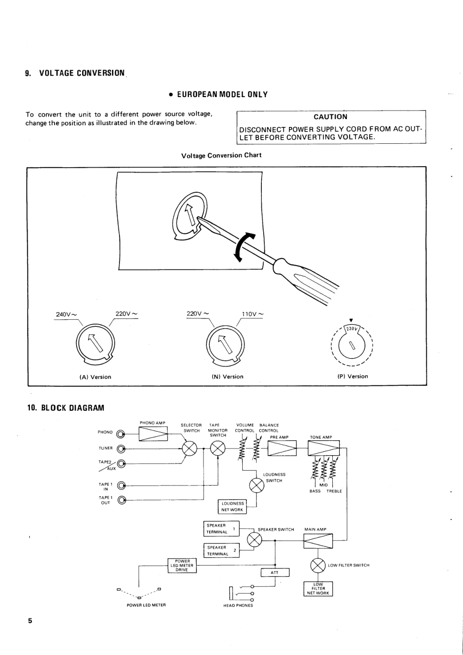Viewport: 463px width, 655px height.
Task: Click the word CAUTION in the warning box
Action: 330,117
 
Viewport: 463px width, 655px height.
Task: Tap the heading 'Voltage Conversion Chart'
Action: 221,155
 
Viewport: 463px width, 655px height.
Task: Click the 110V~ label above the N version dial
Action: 253,314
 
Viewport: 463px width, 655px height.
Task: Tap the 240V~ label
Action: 66,314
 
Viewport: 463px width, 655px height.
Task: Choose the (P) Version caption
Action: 352,376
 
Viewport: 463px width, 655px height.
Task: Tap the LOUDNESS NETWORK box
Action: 232,507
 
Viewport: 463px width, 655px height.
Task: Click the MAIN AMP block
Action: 318,541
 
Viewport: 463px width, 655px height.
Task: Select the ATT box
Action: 274,573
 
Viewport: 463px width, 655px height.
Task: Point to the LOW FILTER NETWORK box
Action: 318,589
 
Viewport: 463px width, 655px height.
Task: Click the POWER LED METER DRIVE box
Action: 182,565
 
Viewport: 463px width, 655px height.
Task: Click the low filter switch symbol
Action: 317,566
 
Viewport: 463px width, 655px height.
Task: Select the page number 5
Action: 30,621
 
